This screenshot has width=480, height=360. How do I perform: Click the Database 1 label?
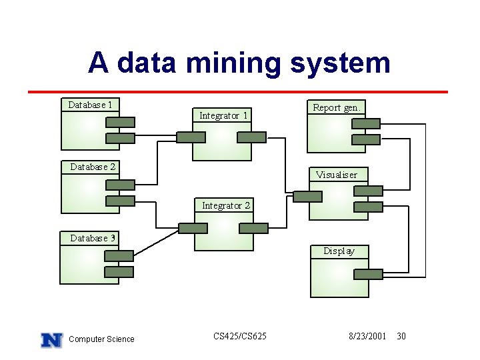coord(90,105)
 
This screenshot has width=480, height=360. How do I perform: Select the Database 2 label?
coord(93,167)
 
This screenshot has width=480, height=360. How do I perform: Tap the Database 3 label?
coord(93,238)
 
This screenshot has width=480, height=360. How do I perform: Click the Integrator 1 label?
coord(223,115)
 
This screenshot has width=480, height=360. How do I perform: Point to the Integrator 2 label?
coord(226,205)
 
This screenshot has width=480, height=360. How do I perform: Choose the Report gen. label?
coord(337,108)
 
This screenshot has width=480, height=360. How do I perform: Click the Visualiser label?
coord(336,175)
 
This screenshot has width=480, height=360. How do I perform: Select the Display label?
coord(339,251)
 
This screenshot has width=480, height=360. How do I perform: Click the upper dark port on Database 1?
coord(120,123)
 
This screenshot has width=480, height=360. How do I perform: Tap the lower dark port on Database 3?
coord(119,272)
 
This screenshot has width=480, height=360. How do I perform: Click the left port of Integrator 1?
coord(191,137)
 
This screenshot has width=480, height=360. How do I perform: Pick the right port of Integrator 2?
coord(253,229)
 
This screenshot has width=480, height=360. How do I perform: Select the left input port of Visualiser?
coord(307,197)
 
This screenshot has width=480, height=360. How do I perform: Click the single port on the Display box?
coord(368,274)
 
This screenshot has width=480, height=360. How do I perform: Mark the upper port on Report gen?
coord(366,124)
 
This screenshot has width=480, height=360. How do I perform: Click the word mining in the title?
coord(233,63)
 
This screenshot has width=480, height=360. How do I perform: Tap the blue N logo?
coord(52,340)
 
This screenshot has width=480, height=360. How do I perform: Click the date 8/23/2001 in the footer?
coord(367,336)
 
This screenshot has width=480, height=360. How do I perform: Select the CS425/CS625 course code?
coord(240,336)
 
